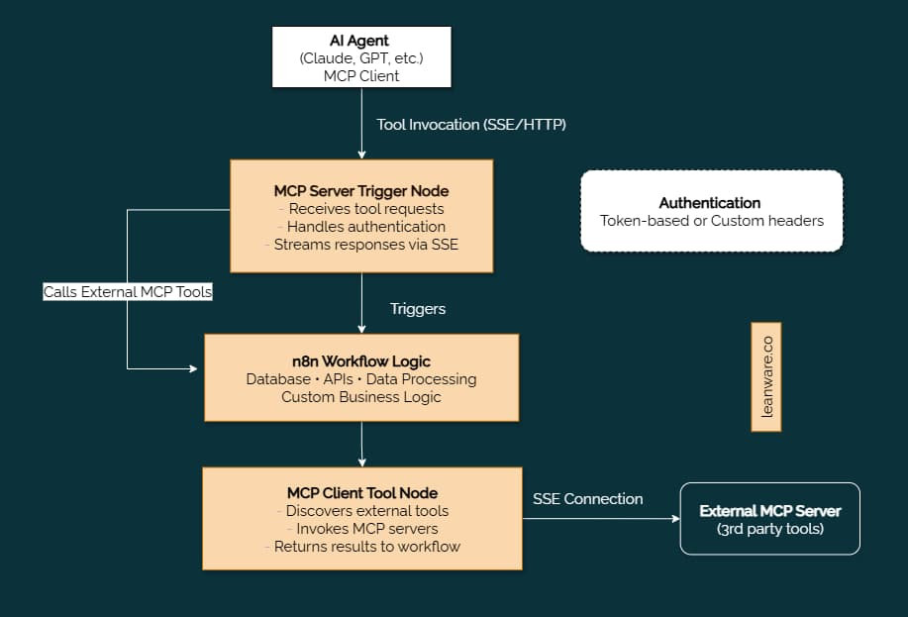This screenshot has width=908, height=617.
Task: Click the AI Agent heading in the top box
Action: [361, 41]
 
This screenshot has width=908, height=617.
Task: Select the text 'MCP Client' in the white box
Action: [361, 75]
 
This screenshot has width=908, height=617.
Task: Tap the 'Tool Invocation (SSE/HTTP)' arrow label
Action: [471, 125]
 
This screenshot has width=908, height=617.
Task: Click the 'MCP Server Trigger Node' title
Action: [361, 190]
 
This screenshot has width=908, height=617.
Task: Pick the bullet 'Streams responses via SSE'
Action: [361, 245]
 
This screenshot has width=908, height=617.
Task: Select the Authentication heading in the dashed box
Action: [710, 202]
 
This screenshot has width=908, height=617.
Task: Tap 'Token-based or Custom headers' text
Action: [711, 220]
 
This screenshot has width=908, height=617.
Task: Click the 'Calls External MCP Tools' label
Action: [127, 292]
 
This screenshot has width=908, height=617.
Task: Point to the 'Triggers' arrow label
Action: [418, 309]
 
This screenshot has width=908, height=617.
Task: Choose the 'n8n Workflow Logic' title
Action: [361, 360]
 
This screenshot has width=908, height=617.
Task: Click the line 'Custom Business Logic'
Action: [361, 396]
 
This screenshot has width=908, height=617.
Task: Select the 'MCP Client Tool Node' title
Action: [362, 492]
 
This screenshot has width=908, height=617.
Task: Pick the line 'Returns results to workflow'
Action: [362, 546]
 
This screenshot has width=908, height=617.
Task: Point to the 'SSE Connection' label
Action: [587, 499]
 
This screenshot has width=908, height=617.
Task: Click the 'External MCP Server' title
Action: [769, 511]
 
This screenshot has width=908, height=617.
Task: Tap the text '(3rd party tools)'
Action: [769, 529]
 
